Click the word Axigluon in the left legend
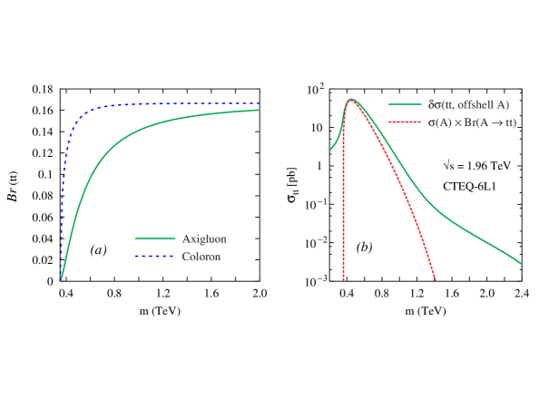click(203, 239)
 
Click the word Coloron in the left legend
click(201, 257)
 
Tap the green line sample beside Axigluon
click(154, 239)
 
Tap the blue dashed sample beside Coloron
click(154, 257)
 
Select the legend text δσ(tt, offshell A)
click(468, 105)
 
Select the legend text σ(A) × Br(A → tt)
click(472, 122)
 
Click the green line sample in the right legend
click(405, 105)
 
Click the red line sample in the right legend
click(405, 122)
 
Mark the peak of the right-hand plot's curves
click(351, 100)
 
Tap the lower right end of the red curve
click(436, 278)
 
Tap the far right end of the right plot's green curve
click(521, 264)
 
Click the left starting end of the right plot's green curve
click(330, 149)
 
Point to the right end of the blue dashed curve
click(260, 104)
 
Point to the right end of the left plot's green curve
click(260, 110)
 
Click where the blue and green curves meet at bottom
click(61, 279)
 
